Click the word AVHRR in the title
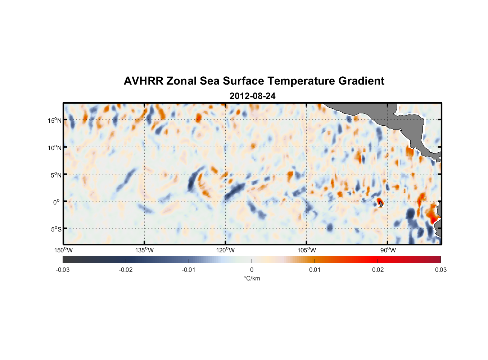tap(143, 81)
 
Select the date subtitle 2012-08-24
tap(252, 96)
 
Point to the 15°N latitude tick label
tap(55, 120)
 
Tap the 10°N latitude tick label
tap(55, 148)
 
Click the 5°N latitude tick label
tap(55, 175)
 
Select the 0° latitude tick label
tap(57, 202)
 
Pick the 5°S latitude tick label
tap(55, 229)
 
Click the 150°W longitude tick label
tap(63, 250)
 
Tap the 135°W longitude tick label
tap(144, 250)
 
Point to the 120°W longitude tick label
tap(225, 250)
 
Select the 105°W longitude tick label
tap(307, 250)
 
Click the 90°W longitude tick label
tap(388, 250)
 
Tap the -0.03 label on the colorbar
tap(63, 270)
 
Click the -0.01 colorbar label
tap(189, 270)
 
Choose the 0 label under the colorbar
tap(252, 270)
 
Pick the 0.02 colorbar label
tap(378, 270)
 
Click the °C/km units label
tap(252, 278)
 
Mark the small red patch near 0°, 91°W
tap(379, 201)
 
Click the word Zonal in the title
tap(182, 81)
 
